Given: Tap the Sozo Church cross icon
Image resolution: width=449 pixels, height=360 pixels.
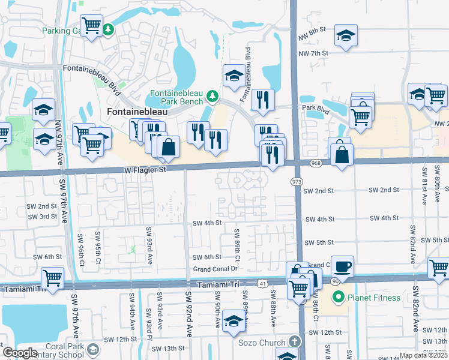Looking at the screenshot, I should click(293, 341).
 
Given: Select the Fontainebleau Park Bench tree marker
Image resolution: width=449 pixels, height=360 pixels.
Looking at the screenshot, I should click(212, 96).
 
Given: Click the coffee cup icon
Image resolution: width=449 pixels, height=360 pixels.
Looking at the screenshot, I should click(342, 266).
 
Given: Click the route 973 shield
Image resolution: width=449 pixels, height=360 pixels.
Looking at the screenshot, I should click(297, 181).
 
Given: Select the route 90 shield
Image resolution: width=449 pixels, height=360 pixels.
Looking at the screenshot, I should click(333, 281).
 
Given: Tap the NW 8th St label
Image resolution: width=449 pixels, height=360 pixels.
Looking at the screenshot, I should click(313, 29).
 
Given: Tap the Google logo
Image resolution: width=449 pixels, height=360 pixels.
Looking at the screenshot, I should click(20, 353).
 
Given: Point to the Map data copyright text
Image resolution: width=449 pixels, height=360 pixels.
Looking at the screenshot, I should click(423, 355).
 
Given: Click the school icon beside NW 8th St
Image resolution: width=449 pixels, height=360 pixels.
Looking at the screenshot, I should click(346, 36).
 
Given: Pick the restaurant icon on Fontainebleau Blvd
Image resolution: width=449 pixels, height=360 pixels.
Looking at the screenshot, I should click(262, 101).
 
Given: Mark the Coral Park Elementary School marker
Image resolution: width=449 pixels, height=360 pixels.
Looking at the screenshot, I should click(93, 349).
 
